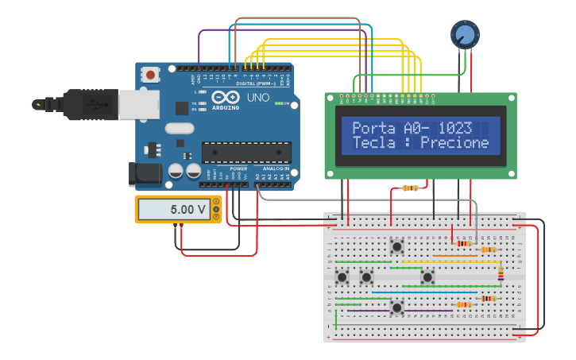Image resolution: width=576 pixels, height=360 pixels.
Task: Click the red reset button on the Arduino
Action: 149,75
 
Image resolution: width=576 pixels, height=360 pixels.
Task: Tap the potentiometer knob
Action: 465,34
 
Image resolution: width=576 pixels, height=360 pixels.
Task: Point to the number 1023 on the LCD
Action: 454,128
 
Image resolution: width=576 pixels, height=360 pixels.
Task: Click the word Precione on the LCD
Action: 454,143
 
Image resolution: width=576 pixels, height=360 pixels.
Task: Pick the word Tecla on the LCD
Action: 373,143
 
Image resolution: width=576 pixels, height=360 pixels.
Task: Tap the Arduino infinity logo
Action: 225,98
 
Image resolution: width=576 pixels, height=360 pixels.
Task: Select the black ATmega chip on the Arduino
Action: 245,152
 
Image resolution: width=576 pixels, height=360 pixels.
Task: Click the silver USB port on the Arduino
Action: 138,103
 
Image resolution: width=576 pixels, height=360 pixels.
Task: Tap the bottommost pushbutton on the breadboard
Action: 396,306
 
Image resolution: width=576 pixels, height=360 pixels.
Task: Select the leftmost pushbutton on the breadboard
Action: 342,277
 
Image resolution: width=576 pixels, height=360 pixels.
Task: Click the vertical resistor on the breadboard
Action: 501,273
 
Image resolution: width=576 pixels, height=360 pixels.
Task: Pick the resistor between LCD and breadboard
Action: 410,188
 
